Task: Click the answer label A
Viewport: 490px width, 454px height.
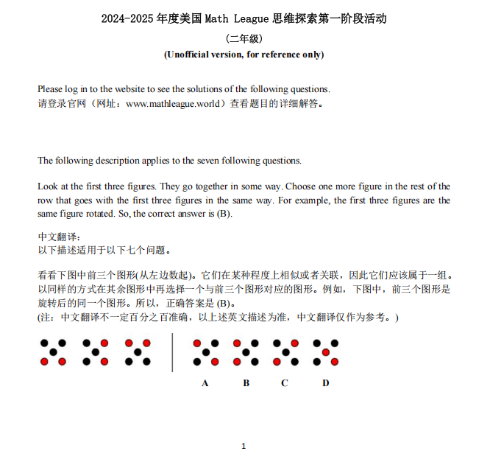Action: point(205,383)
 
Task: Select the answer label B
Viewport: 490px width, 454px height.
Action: point(246,383)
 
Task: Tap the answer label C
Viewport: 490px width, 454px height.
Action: point(285,383)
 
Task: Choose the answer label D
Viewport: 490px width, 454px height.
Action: point(325,383)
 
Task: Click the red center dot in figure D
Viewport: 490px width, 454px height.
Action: point(325,352)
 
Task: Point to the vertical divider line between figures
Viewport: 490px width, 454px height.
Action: point(172,352)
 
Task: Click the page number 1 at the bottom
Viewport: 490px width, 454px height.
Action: point(244,445)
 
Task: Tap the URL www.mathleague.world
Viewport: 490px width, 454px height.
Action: point(173,104)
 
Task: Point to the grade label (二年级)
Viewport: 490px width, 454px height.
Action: point(244,39)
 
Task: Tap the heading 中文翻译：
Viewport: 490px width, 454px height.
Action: point(57,237)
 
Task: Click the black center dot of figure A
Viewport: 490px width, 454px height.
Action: point(205,352)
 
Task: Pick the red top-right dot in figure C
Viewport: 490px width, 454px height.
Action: point(295,343)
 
